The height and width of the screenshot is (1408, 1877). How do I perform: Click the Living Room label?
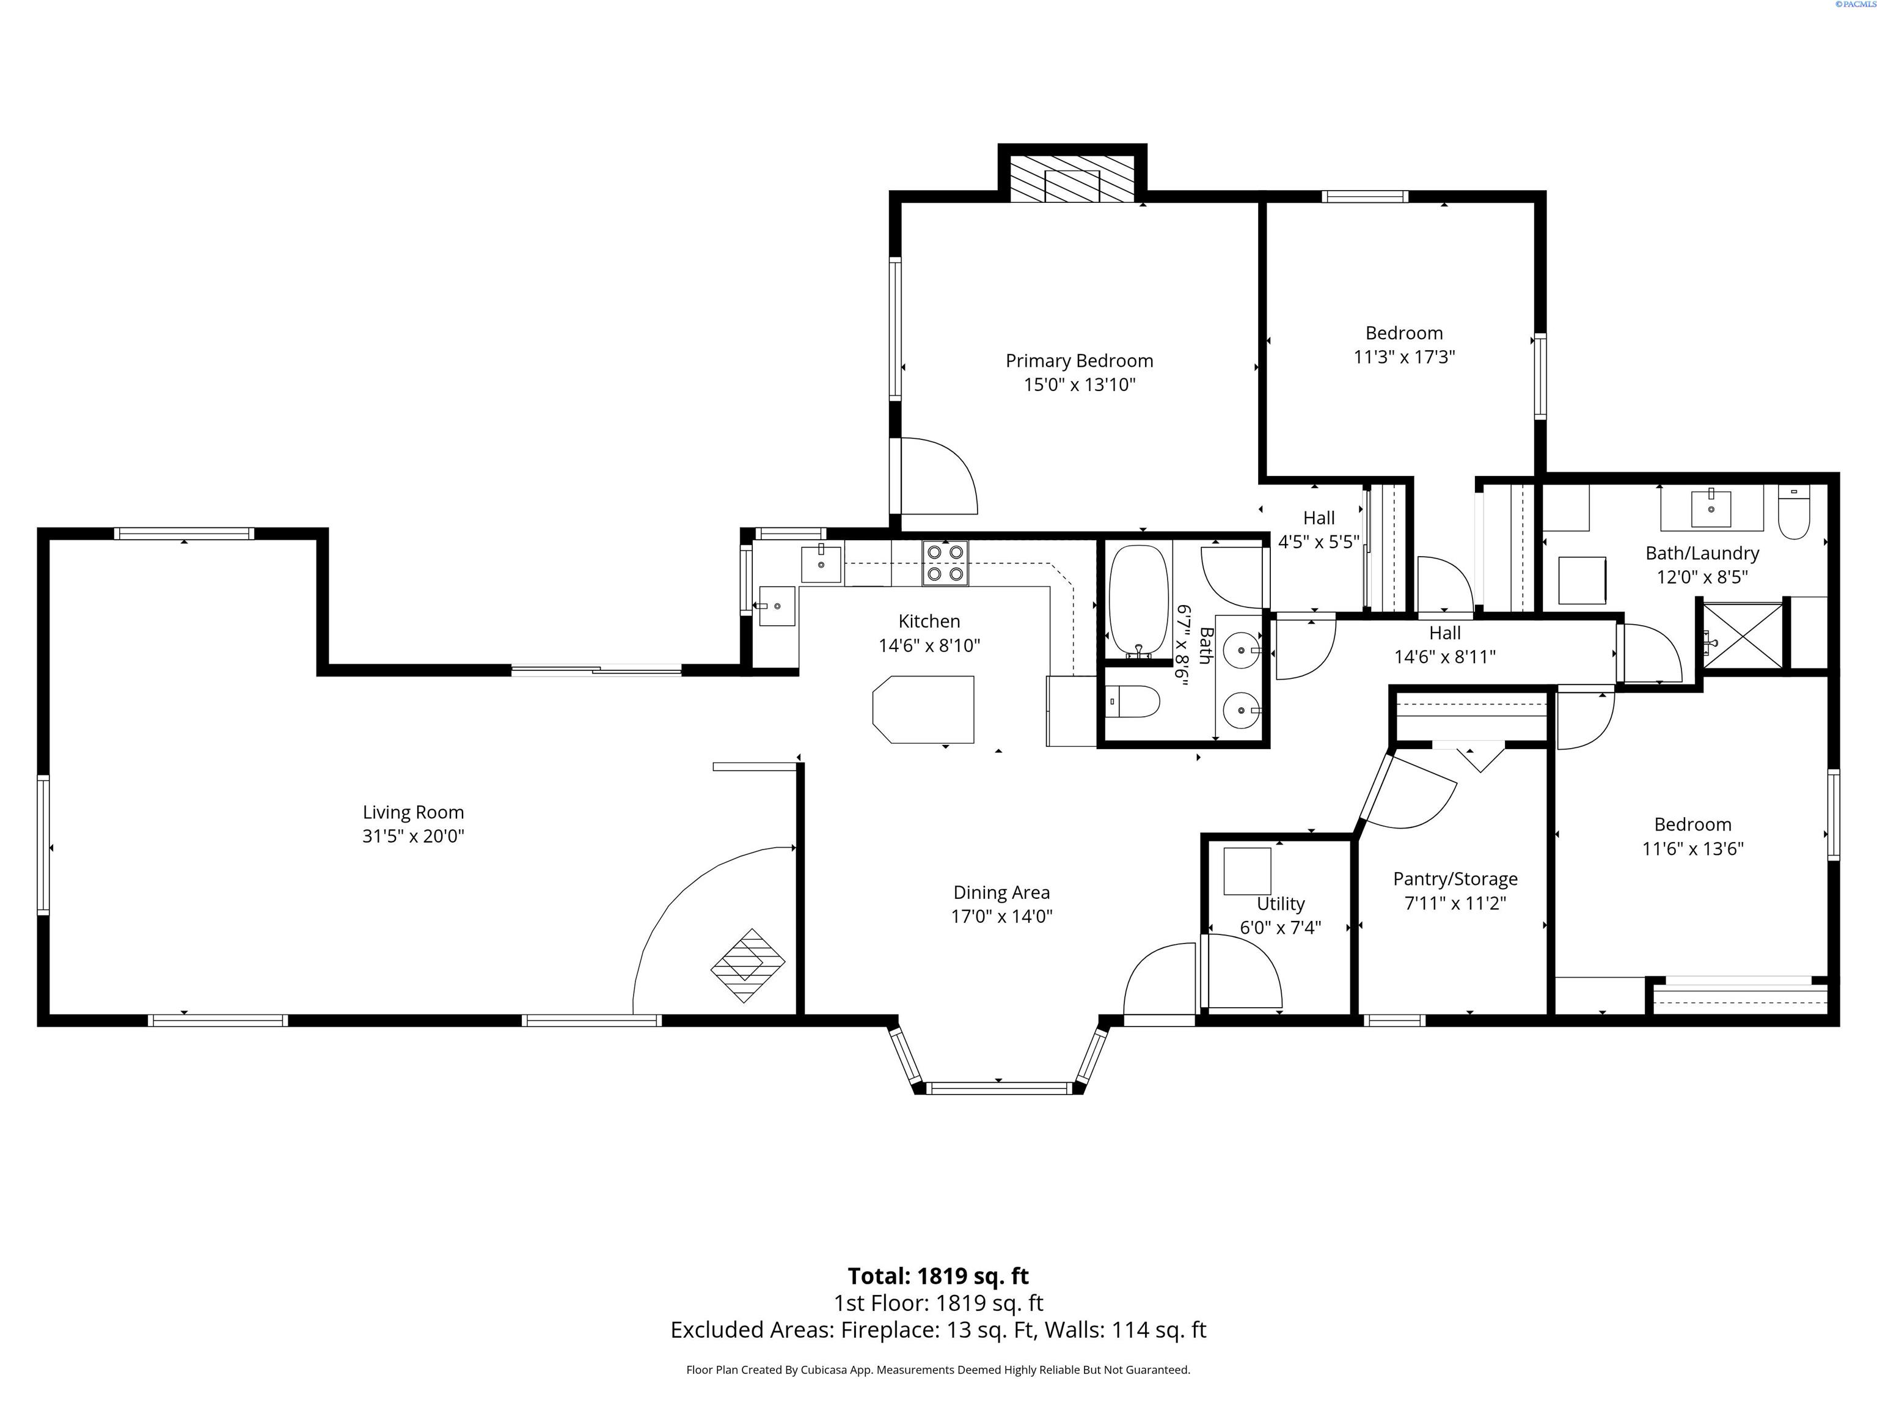click(x=413, y=812)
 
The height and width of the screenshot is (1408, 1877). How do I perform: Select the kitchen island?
click(x=923, y=710)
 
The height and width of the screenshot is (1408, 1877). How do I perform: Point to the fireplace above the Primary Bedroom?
click(x=1072, y=179)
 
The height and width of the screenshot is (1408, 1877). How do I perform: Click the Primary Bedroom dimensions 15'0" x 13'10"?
click(x=1080, y=384)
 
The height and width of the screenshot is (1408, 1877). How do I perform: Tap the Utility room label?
click(x=1281, y=904)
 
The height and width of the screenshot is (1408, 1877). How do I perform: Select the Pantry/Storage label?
click(x=1455, y=879)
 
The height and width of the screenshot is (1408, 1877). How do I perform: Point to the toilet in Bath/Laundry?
click(x=1794, y=513)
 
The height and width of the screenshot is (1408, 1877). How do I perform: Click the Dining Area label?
click(x=1001, y=892)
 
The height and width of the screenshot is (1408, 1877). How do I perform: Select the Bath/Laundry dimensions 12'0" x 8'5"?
click(x=1702, y=577)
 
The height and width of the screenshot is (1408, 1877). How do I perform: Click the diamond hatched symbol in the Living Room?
click(x=748, y=966)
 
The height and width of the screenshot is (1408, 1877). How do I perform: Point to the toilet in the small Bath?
click(x=1135, y=702)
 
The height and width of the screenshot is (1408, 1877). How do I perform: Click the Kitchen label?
click(x=929, y=621)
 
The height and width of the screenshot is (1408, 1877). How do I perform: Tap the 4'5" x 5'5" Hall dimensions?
click(x=1319, y=541)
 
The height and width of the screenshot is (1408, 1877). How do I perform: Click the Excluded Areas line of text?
click(x=938, y=1330)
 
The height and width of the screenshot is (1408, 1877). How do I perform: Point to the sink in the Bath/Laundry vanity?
click(x=1711, y=508)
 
